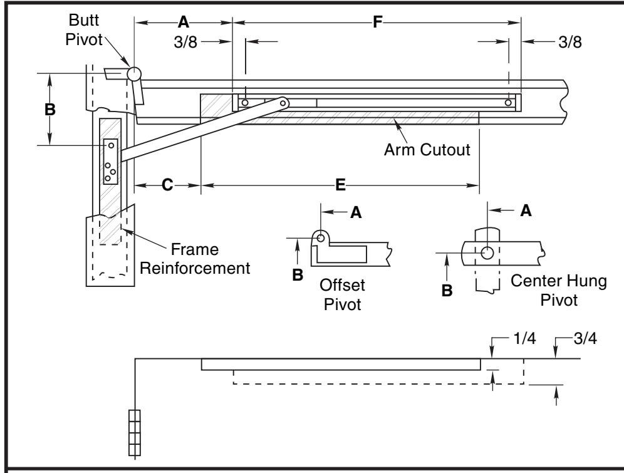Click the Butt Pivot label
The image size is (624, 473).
coord(84,30)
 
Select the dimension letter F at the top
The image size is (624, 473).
coord(377,23)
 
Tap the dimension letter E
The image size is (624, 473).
coord(340,185)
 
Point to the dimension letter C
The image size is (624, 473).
coord(167,185)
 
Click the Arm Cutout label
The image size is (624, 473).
coord(427,150)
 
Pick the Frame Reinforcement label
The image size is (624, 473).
coord(195,259)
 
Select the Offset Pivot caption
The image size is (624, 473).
coord(342,295)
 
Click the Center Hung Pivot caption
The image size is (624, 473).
coord(559,290)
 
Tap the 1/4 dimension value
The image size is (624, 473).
coord(524,338)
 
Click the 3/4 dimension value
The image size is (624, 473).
coord(585,338)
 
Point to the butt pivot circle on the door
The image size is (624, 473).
coord(133,73)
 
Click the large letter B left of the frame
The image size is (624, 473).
coord(49,110)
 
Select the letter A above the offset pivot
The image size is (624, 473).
coord(356,212)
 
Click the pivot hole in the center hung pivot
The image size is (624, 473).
coord(487,252)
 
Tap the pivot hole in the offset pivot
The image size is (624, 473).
coord(321,238)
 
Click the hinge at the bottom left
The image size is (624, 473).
coord(135,433)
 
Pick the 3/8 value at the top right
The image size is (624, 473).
coord(570,42)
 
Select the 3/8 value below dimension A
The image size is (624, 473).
coord(185,42)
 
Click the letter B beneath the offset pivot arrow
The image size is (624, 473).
coord(298,275)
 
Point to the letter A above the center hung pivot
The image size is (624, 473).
coord(526,211)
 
